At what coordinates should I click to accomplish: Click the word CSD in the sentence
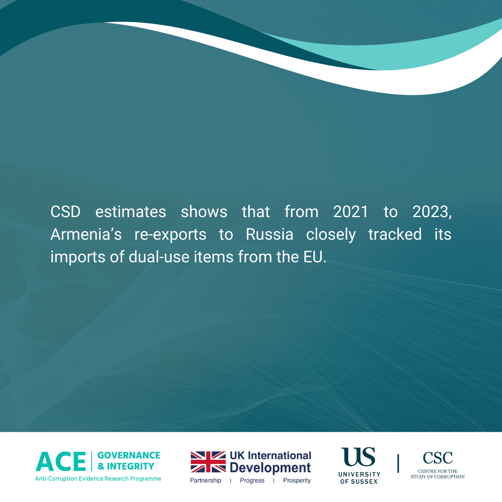click(65, 212)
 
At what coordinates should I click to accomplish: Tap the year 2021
click(351, 212)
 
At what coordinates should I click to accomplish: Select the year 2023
click(432, 212)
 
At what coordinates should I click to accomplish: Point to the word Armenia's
click(86, 234)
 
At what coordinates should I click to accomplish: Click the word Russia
click(270, 234)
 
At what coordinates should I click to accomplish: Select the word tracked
click(395, 234)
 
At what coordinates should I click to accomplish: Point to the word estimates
click(131, 212)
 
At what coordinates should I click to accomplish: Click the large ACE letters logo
click(61, 461)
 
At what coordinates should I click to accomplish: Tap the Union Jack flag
click(208, 462)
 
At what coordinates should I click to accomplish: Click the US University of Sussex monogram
click(358, 456)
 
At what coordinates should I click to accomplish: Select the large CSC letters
click(438, 458)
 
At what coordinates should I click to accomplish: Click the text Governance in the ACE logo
click(129, 455)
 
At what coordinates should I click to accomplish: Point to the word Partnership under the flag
click(205, 480)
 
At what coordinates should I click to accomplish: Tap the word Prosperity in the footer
click(297, 480)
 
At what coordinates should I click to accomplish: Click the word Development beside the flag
click(270, 468)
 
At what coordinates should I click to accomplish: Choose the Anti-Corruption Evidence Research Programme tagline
click(98, 479)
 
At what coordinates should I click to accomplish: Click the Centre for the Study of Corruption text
click(438, 474)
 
